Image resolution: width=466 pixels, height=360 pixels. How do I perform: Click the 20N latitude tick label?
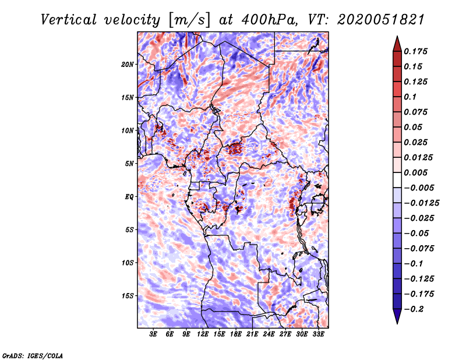click(x=128, y=64)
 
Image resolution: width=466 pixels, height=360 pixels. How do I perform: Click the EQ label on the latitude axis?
click(x=129, y=196)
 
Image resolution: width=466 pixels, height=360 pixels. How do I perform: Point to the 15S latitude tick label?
click(x=128, y=295)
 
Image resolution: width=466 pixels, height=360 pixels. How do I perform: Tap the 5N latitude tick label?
click(x=129, y=164)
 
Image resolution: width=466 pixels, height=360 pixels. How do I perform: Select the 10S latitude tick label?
click(x=128, y=263)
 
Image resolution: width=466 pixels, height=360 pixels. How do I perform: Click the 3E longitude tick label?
click(x=154, y=334)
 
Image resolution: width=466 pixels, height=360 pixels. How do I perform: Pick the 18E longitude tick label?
click(x=236, y=334)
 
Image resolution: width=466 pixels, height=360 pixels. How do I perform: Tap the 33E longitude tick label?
click(x=318, y=334)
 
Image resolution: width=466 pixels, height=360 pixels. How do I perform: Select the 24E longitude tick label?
click(x=269, y=334)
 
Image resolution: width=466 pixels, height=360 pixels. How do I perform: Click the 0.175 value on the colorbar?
click(x=416, y=51)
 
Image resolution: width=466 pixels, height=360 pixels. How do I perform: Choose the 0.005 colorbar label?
click(x=416, y=172)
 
